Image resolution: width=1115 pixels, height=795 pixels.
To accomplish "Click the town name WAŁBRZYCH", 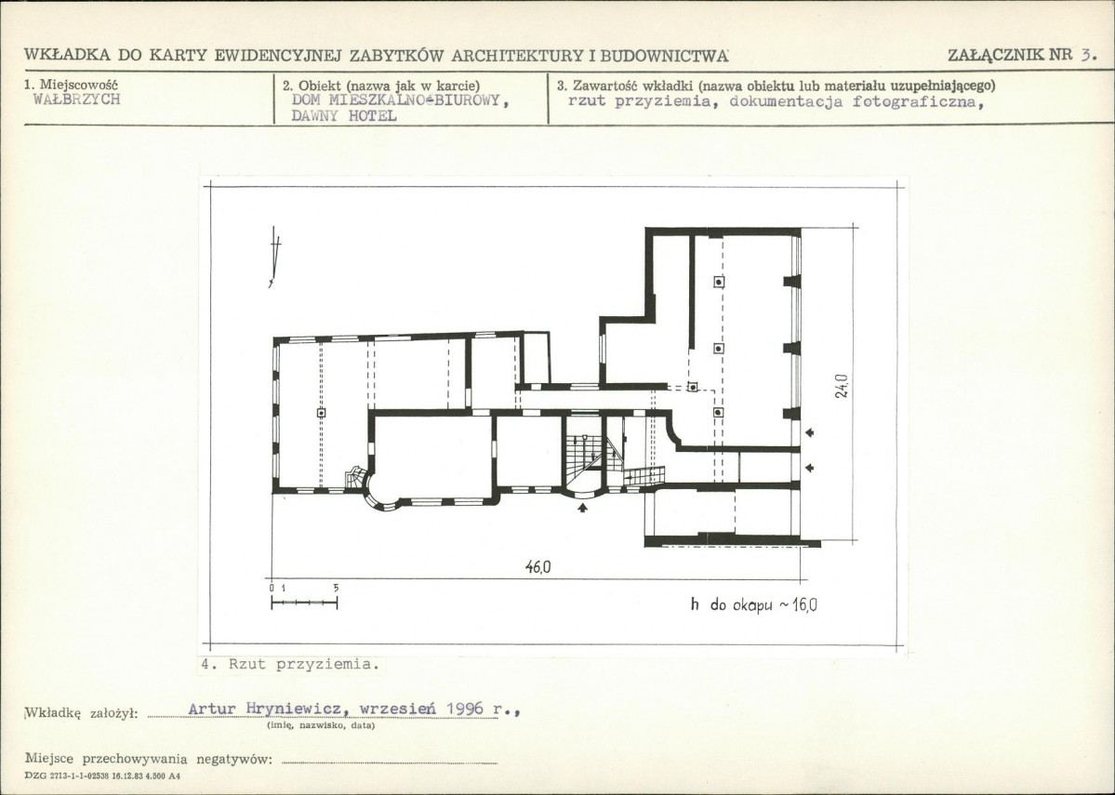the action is [x=77, y=99].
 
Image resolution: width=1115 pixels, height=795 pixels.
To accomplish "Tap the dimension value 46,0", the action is [x=538, y=567].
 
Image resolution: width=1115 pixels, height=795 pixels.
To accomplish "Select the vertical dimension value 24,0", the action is [x=842, y=386].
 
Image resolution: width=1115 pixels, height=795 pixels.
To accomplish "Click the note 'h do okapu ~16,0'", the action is [x=754, y=605].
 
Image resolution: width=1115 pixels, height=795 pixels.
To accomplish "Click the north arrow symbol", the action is [x=274, y=257].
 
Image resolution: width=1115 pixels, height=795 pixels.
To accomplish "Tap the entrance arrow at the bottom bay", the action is [x=583, y=507].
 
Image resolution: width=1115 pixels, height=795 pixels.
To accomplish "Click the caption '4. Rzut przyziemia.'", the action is [x=290, y=664].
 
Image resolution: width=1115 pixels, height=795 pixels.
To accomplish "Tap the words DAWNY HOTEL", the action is [x=344, y=116].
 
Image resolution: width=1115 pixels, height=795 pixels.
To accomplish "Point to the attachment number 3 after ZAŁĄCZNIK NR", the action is [x=1086, y=55].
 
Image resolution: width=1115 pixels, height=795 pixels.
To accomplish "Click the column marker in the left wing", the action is [x=322, y=413].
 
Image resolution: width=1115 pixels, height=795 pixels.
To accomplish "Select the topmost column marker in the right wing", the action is [x=720, y=282].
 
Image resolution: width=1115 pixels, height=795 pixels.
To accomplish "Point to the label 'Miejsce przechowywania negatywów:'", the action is [x=149, y=759].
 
